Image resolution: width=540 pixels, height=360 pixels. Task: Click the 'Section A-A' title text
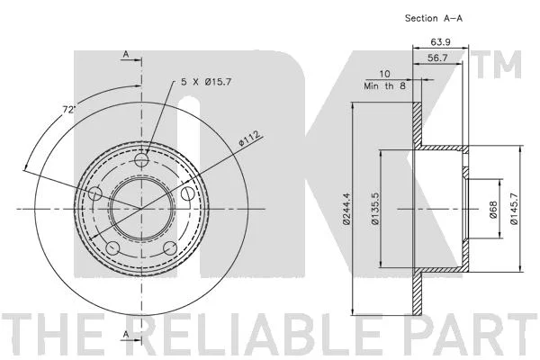tap(434, 18)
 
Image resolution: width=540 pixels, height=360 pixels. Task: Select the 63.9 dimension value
tap(441, 42)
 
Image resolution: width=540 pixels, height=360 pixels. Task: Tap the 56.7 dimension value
tap(437, 58)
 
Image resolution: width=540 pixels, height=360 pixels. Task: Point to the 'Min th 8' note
tap(384, 85)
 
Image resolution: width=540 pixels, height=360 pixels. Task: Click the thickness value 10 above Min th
tap(384, 74)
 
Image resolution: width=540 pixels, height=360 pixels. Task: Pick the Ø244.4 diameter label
tap(346, 209)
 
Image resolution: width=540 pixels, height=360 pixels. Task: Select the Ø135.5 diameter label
tap(375, 209)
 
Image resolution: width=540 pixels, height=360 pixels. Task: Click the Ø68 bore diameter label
tap(493, 210)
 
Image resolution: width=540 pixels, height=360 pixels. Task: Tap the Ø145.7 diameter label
tap(514, 209)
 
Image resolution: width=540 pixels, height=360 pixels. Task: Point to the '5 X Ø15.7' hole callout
tap(206, 82)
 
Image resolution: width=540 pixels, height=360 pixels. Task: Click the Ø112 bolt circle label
tap(249, 139)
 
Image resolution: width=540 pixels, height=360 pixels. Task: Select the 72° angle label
tap(68, 110)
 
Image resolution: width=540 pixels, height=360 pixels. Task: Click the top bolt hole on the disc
tap(141, 160)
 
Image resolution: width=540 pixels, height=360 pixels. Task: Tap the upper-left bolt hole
tap(95, 193)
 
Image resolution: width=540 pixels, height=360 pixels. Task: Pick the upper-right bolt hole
tap(188, 193)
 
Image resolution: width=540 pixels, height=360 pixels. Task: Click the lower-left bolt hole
tap(113, 248)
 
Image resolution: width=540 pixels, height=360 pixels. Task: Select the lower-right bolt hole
tap(170, 248)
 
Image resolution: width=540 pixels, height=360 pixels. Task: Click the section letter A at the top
tap(126, 54)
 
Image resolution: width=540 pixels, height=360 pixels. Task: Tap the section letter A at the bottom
tap(126, 334)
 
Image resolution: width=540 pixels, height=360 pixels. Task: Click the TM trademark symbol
tap(499, 65)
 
